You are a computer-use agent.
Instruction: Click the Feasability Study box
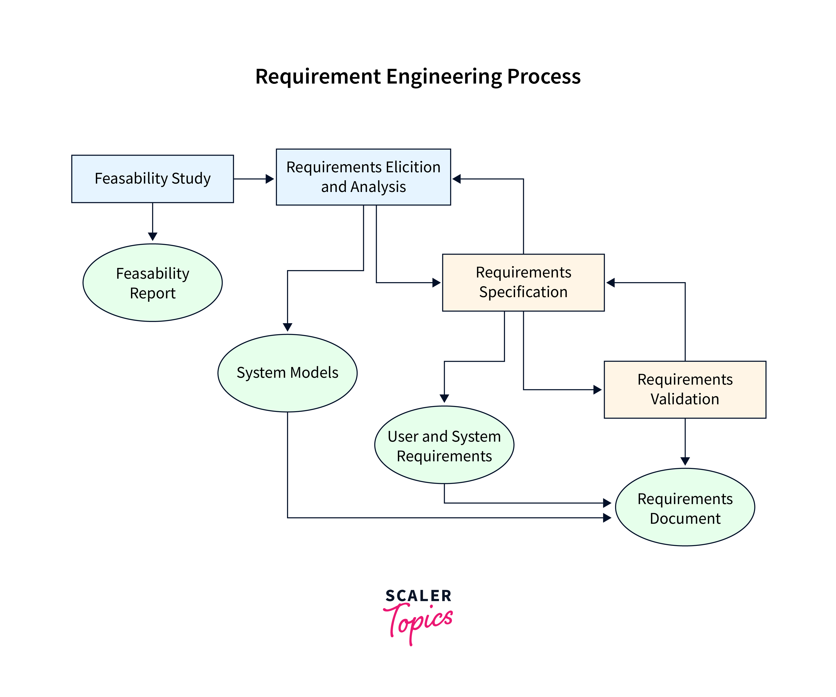(152, 179)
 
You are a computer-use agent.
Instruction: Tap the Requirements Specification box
(523, 282)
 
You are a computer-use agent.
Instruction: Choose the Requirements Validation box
(685, 389)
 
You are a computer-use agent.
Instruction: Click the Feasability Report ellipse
(152, 283)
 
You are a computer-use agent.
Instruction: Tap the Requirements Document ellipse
(685, 507)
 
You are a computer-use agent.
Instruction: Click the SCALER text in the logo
(418, 596)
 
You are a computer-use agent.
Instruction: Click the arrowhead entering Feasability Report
(152, 236)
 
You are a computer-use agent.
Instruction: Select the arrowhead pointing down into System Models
(288, 327)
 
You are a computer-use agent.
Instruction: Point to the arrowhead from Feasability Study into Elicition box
(270, 179)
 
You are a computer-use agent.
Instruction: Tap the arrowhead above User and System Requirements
(444, 398)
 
